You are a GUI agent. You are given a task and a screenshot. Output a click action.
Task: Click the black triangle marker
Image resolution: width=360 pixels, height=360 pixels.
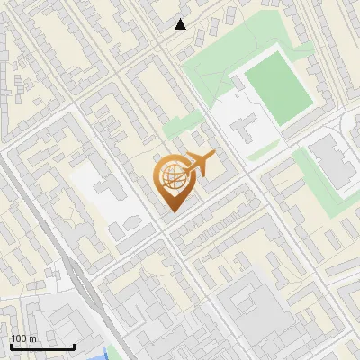(x=181, y=24)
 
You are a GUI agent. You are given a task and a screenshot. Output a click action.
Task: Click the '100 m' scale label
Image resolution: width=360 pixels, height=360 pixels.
(x=24, y=337)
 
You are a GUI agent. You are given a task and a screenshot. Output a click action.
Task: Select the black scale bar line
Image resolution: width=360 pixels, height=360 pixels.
(x=42, y=346)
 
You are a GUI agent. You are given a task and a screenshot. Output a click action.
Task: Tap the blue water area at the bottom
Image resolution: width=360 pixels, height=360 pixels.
(x=111, y=354)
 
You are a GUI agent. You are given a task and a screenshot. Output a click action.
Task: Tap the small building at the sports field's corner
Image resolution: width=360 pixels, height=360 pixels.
(x=238, y=83)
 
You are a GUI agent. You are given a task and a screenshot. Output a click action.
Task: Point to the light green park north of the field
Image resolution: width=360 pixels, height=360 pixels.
(x=211, y=67)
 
